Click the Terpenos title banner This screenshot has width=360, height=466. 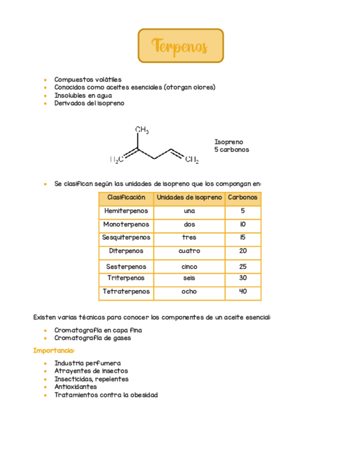tap(180, 46)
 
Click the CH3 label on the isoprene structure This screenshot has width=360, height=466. tap(142, 130)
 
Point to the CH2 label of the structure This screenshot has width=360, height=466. tap(192, 160)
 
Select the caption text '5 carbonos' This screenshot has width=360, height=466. tap(231, 149)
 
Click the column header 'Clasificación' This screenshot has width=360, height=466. tap(126, 197)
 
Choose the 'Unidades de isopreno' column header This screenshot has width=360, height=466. tap(190, 197)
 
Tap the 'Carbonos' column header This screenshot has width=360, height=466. tap(243, 197)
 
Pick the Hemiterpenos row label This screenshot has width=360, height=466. tap(126, 211)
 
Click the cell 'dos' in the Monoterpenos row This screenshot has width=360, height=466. tap(190, 224)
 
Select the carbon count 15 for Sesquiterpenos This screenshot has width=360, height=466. tap(243, 237)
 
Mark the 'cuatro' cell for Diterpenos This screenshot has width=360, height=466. tap(190, 251)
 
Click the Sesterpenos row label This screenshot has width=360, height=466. tap(126, 267)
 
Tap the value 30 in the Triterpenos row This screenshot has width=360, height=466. tap(243, 278)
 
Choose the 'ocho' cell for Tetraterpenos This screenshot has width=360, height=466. tap(190, 292)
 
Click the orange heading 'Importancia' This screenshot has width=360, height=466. tap(53, 351)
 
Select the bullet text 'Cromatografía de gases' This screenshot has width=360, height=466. tap(92, 338)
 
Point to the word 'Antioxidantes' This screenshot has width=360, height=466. tap(76, 387)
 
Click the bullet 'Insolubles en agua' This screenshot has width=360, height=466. tap(83, 95)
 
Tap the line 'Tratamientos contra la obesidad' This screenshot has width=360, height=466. tap(106, 395)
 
